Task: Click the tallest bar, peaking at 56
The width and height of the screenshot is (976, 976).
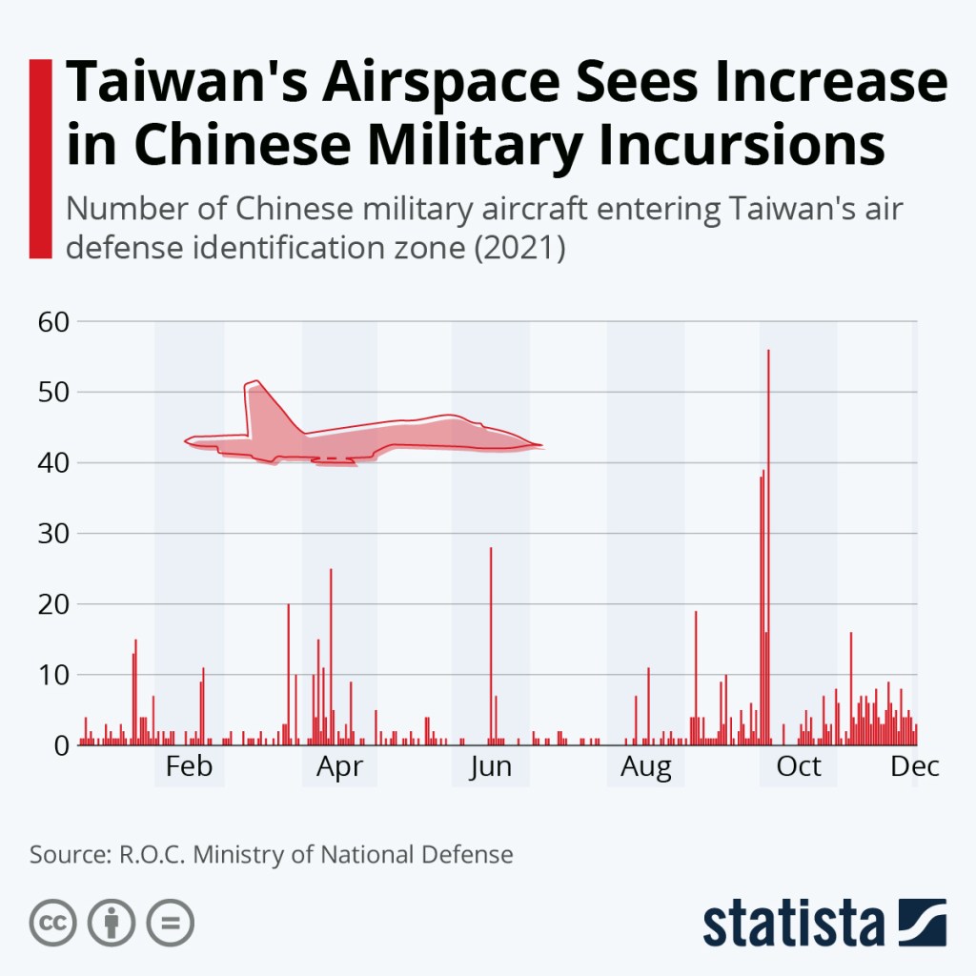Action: pyautogui.click(x=768, y=543)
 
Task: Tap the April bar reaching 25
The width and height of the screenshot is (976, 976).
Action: pyautogui.click(x=331, y=658)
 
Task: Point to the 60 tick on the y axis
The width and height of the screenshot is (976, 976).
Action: pyautogui.click(x=54, y=322)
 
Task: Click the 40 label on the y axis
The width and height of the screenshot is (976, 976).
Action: pyautogui.click(x=54, y=463)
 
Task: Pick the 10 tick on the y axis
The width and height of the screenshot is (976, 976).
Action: pyautogui.click(x=54, y=675)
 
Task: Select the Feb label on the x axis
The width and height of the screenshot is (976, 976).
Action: pyautogui.click(x=189, y=766)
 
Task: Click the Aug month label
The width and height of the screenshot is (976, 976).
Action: pyautogui.click(x=646, y=766)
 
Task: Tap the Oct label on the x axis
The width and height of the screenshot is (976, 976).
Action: pyautogui.click(x=799, y=766)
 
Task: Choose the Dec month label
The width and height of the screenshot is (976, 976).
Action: pyautogui.click(x=915, y=766)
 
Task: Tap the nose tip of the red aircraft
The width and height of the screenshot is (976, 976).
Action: pyautogui.click(x=539, y=445)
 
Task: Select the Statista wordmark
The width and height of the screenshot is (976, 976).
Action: pyautogui.click(x=795, y=924)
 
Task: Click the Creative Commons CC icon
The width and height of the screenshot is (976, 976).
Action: pyautogui.click(x=53, y=923)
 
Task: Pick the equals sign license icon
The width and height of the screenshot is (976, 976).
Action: pyautogui.click(x=171, y=923)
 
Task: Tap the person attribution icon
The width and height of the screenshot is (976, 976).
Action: pyautogui.click(x=112, y=923)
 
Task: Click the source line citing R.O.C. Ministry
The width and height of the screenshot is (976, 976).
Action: pyautogui.click(x=272, y=854)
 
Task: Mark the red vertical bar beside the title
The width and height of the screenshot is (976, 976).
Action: pyautogui.click(x=40, y=158)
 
